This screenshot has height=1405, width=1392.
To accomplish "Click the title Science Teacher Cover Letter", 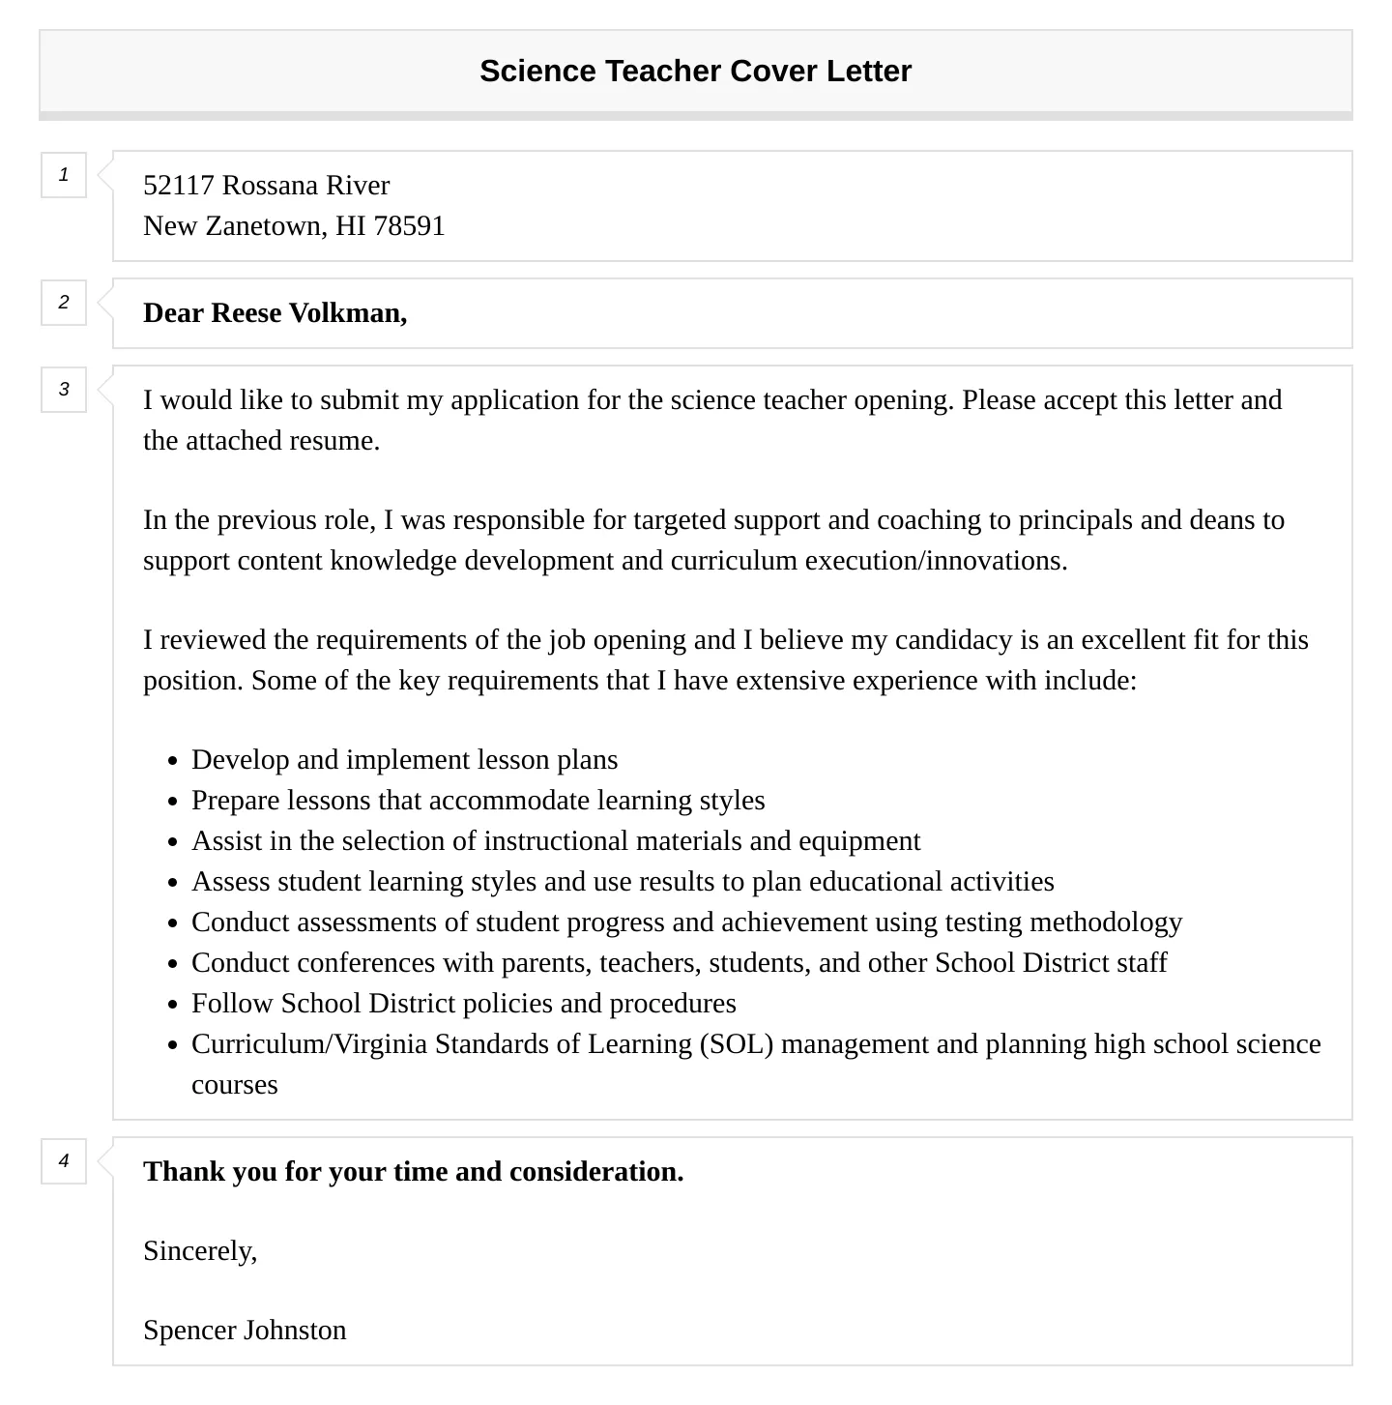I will coord(695,72).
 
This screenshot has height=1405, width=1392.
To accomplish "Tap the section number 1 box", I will coord(64,175).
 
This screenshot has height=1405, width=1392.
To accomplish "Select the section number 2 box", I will coord(64,303).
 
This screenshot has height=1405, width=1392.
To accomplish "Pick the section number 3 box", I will coord(64,390).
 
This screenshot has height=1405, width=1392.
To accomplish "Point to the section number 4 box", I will coord(64,1161).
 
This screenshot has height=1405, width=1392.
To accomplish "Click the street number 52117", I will coord(179,186).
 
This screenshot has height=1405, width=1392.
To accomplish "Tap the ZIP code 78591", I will coord(409,226).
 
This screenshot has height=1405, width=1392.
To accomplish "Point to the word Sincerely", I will coord(200,1251).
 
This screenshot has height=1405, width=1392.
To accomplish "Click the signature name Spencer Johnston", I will coord(245,1331).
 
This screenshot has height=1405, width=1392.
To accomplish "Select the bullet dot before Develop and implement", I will coord(172,761).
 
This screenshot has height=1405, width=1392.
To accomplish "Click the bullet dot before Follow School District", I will coord(172,1005).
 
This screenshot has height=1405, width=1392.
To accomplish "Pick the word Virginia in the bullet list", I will coord(380,1044).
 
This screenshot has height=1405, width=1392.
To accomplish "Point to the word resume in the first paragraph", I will coord(334,441).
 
